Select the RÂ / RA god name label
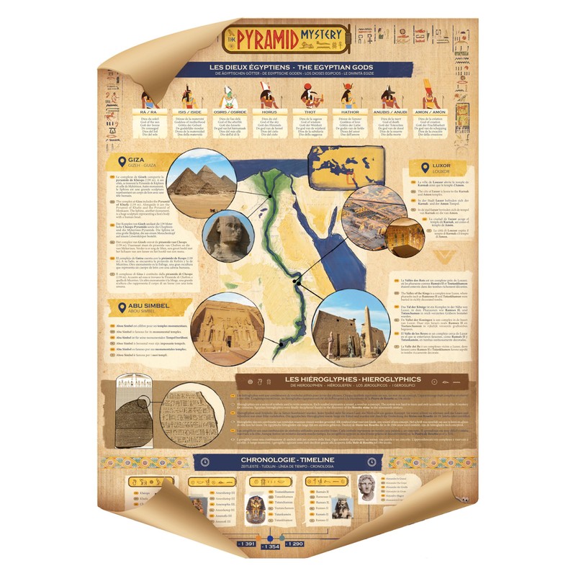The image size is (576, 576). [x=149, y=112]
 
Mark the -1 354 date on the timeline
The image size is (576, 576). [x=271, y=547]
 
